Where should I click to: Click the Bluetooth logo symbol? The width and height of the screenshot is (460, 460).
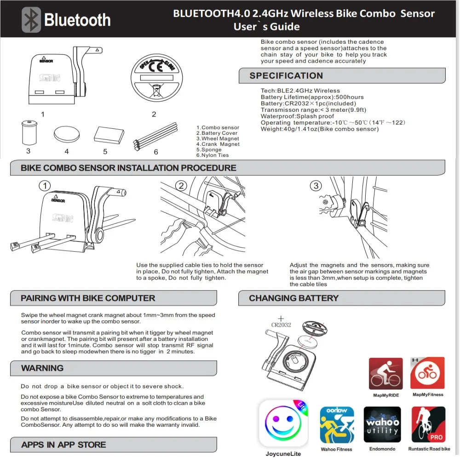tap(32, 20)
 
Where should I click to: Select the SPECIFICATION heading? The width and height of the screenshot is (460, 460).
tap(286, 76)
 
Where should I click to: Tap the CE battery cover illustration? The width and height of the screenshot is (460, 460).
tap(154, 81)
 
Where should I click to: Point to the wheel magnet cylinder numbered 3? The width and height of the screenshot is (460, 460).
tap(29, 132)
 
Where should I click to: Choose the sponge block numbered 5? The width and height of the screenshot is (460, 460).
tap(109, 135)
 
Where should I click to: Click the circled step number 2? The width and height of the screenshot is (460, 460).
tap(182, 185)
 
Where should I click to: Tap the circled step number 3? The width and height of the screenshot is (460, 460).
tap(316, 185)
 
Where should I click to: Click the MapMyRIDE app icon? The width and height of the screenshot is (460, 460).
tap(385, 374)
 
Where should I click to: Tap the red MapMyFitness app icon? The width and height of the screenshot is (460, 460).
tap(427, 373)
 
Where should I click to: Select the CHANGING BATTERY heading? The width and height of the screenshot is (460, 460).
tap(293, 298)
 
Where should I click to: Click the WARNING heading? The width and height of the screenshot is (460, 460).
tap(42, 368)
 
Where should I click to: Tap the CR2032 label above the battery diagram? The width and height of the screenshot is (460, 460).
tap(281, 325)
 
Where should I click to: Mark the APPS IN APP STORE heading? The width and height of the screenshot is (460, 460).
tap(63, 445)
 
